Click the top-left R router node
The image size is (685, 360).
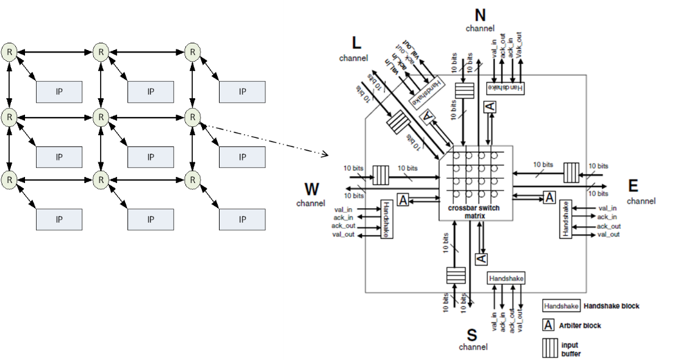click(9, 52)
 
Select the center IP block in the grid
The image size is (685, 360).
click(151, 157)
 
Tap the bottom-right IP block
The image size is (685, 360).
click(242, 219)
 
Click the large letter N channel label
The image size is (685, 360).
click(480, 15)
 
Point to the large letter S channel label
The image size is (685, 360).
click(472, 334)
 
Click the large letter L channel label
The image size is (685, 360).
click(357, 43)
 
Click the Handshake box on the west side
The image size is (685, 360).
click(387, 219)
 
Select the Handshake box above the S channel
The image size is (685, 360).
click(506, 278)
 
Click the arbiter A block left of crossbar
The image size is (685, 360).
click(403, 199)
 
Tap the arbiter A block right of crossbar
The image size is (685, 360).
click(550, 196)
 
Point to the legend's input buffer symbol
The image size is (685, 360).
click(549, 348)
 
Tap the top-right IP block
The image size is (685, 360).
click(242, 92)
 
